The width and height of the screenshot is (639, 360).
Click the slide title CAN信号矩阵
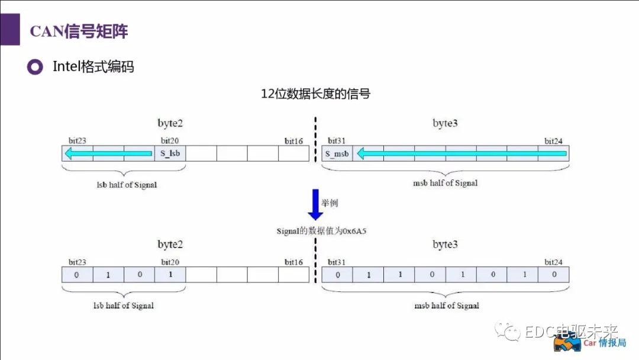(x=79, y=31)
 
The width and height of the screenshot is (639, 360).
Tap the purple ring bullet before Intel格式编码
(x=35, y=67)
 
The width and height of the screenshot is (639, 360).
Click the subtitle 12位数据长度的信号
(x=315, y=94)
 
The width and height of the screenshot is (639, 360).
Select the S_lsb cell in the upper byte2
(x=170, y=154)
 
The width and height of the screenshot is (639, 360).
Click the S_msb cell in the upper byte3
(x=337, y=154)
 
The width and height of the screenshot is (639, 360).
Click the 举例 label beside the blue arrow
(x=330, y=203)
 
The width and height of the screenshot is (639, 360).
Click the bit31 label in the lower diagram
(x=337, y=262)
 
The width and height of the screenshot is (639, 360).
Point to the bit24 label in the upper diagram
(x=553, y=142)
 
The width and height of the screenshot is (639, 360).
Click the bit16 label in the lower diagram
(x=293, y=262)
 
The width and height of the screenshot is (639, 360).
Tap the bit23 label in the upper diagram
(x=78, y=142)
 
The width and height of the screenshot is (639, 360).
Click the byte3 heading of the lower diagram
(x=445, y=245)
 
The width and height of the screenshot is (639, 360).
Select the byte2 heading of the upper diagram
(x=170, y=124)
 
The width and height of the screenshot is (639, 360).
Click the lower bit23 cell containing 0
(x=77, y=275)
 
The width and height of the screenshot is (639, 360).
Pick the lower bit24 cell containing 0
(x=554, y=275)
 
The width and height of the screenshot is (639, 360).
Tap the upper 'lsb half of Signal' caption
(x=127, y=185)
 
